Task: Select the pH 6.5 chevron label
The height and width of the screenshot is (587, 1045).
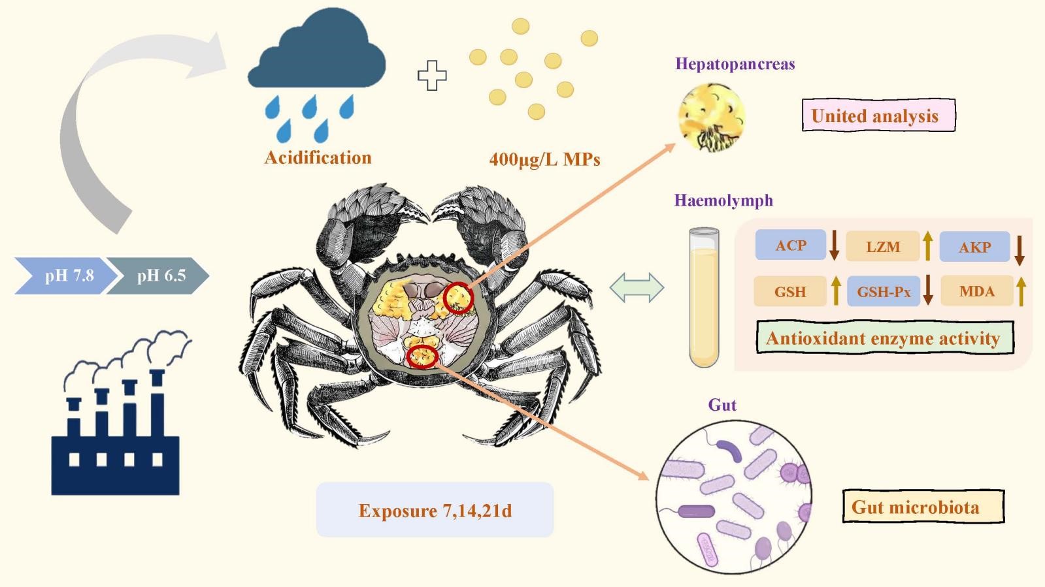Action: point(160,276)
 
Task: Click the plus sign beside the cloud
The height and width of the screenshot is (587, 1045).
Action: point(432,75)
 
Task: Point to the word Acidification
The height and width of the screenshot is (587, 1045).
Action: point(318,157)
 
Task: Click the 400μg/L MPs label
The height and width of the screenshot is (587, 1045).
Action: point(544,159)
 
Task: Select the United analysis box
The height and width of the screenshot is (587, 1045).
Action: point(878,116)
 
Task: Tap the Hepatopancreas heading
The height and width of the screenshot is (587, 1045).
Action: point(735,64)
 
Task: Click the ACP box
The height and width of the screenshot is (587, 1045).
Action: point(791,246)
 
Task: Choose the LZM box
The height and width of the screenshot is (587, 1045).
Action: point(883,247)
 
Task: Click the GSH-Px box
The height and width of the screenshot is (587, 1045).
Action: point(884,291)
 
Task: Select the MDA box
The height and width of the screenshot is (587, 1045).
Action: point(976,291)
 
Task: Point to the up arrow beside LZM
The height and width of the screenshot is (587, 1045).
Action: point(927,246)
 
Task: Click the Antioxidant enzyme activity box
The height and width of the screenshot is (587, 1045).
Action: point(884,338)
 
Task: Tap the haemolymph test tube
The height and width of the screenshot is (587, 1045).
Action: point(704,297)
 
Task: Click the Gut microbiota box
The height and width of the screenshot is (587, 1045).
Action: point(922,507)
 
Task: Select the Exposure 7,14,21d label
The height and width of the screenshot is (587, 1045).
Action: point(435,510)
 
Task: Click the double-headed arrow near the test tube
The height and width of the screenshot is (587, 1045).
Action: point(637,288)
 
